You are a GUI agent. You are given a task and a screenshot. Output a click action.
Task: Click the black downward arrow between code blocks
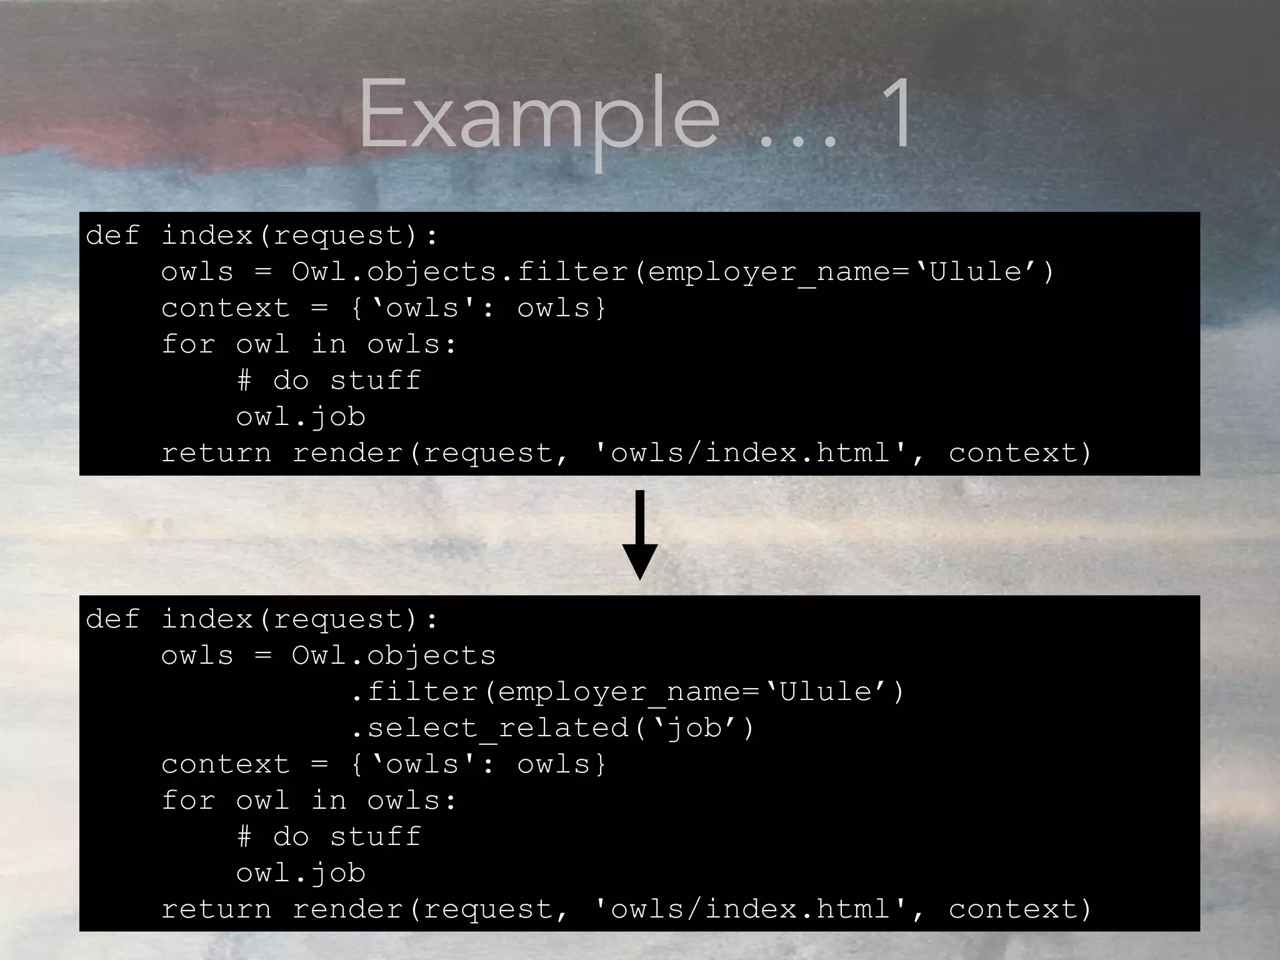coord(639,535)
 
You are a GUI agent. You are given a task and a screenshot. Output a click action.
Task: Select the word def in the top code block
coord(112,236)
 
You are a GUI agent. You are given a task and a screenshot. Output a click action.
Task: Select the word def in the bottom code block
coord(112,619)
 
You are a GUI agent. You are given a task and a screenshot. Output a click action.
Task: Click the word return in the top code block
coord(216,453)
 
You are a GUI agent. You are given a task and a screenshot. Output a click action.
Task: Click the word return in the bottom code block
coord(216,909)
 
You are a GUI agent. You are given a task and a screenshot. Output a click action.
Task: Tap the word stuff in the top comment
coord(376,381)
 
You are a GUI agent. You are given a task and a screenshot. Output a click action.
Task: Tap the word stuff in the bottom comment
coord(376,837)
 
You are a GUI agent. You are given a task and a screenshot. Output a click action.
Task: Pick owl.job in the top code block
coord(301,417)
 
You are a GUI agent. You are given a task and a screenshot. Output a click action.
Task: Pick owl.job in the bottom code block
coord(301,873)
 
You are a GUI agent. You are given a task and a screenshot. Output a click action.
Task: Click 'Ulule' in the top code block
coord(976,272)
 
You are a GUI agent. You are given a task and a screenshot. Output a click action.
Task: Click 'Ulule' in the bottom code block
coord(826,692)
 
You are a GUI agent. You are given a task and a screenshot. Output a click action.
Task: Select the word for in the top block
coord(188,344)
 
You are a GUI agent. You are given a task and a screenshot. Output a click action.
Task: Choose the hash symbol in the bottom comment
coord(244,837)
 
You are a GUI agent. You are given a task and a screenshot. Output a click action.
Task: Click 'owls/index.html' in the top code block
coord(751,453)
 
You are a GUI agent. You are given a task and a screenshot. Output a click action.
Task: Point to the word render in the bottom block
coord(347,909)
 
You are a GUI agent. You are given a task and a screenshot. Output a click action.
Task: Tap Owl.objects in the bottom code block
coord(394,656)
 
